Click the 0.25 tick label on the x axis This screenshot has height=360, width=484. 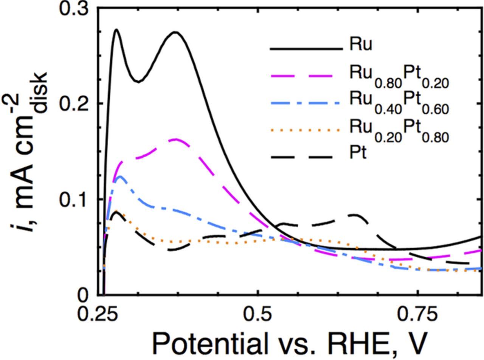98,314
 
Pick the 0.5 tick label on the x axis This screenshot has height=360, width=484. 257,314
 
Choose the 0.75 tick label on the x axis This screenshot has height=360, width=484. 417,314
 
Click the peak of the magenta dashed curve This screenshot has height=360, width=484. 176,139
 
